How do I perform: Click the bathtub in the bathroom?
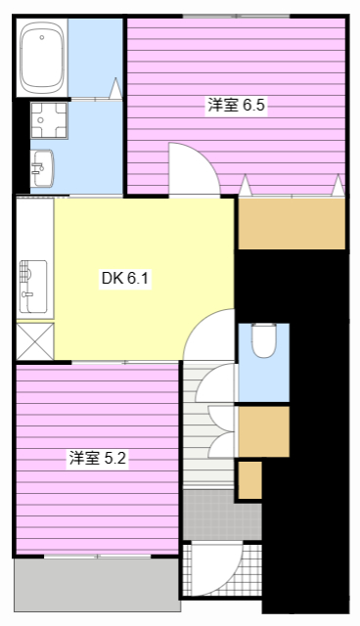[42, 58]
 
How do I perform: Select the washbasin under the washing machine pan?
[42, 168]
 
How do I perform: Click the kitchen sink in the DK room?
[31, 285]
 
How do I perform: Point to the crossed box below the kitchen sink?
[33, 343]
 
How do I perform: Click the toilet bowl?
[263, 341]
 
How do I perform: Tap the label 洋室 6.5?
[236, 106]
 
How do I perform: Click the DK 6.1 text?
[124, 279]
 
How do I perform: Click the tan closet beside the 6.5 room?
[292, 223]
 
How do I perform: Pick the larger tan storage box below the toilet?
[263, 431]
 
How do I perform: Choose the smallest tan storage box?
[250, 479]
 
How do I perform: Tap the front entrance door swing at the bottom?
[214, 568]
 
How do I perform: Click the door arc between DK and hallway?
[208, 335]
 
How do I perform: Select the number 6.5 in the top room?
[254, 106]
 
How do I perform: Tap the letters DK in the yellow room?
[112, 279]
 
